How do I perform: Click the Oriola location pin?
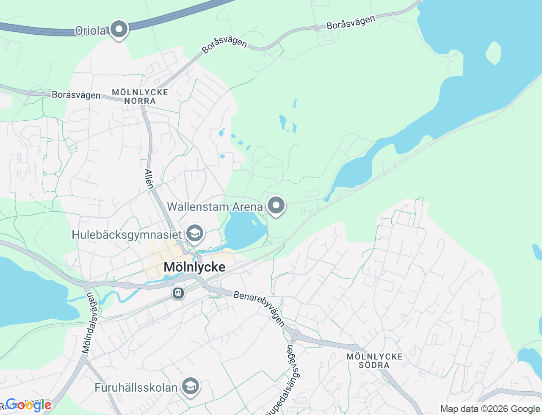119,29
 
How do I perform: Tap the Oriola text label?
90,30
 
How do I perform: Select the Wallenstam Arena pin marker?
276,206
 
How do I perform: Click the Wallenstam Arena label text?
215,207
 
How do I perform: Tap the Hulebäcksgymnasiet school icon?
195,233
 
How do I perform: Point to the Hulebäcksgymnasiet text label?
127,235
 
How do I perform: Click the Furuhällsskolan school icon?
191,386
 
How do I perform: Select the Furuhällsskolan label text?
136,387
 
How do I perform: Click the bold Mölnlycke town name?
194,267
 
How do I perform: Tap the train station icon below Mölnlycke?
178,293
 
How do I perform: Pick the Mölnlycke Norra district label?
140,97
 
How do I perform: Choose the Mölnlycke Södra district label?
374,361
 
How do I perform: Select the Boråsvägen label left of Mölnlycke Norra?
76,95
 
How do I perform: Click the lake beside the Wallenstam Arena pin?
245,231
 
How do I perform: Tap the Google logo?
28,405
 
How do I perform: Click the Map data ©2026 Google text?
490,409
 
